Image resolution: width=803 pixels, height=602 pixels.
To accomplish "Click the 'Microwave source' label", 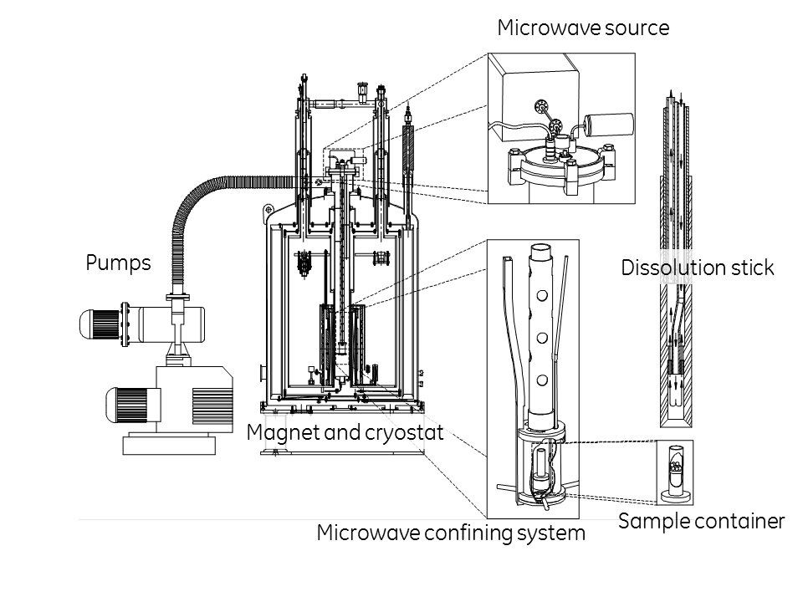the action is coord(583,28).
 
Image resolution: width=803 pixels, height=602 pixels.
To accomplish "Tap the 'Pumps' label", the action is coord(118,263).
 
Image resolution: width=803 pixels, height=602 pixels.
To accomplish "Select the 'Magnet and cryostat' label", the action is coord(345,433).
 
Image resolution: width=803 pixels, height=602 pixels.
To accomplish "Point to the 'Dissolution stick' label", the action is coord(698,268).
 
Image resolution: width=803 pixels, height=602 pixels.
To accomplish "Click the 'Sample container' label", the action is coord(702,522).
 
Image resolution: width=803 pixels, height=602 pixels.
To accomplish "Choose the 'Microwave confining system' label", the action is coord(451,533).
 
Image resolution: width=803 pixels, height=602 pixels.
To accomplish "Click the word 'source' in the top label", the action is coord(637,28).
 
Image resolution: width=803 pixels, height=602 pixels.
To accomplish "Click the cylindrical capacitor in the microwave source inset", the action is coord(610,125).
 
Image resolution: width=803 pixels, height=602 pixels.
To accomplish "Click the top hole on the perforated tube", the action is coord(542,295).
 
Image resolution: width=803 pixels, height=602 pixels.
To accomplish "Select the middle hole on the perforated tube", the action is coord(542,338).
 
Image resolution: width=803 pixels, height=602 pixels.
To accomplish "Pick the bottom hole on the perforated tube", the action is coord(542,380).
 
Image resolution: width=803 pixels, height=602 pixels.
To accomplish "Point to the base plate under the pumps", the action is coord(169,446).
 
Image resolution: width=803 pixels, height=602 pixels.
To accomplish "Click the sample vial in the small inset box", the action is coord(675,471).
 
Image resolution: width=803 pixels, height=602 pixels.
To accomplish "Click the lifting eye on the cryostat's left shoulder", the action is coord(269,209).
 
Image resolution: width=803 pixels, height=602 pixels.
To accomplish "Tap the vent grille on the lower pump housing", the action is coord(212,407).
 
